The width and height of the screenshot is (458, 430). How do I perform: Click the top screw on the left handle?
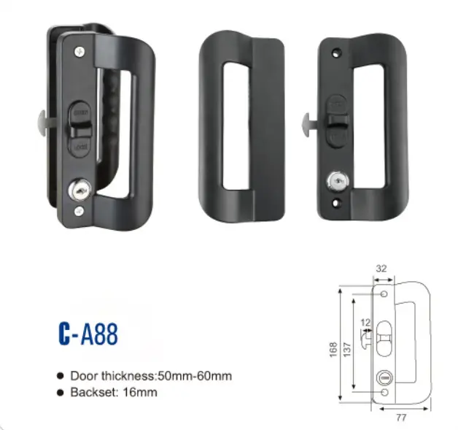point(79,50)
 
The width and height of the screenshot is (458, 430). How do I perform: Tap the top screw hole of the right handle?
point(336,53)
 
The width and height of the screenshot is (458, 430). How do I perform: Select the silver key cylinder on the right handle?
point(336,179)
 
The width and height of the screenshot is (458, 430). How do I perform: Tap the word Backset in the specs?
point(91,392)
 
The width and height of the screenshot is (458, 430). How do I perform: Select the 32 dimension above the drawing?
point(380,268)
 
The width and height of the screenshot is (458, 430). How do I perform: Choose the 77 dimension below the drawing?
point(402,419)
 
